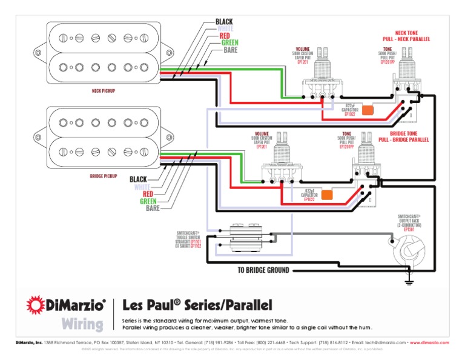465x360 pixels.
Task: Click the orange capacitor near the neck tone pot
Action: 368,110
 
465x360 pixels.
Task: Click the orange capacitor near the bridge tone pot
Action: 327,195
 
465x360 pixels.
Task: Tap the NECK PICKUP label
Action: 103,91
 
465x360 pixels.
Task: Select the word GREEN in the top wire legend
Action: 229,42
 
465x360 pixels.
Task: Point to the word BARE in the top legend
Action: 230,50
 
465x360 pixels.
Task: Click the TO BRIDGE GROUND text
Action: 263,270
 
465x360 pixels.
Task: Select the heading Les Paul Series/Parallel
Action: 197,304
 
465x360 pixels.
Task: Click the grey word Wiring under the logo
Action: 82,324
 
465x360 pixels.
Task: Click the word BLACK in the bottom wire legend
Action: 138,179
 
